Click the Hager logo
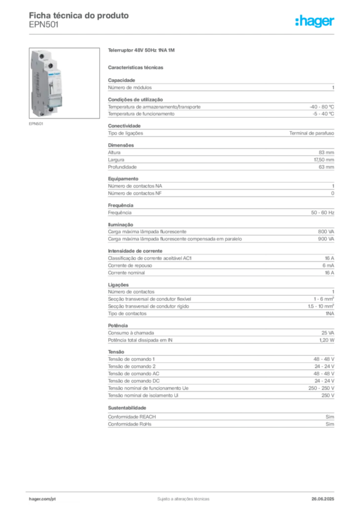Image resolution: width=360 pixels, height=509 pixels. [x=315, y=21]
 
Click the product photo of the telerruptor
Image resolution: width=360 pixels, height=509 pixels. [x=64, y=83]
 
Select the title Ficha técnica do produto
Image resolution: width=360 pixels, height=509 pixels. [x=79, y=15]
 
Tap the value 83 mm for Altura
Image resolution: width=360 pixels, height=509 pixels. [x=326, y=152]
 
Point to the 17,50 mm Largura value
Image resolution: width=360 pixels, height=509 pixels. [x=324, y=160]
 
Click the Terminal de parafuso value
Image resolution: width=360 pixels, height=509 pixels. [x=312, y=133]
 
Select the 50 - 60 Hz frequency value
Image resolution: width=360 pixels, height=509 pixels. [x=323, y=213]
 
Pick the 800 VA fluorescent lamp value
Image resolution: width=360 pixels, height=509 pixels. [x=326, y=232]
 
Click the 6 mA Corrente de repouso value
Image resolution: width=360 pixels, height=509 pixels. [x=328, y=265]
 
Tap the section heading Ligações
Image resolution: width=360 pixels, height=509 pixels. [x=118, y=285]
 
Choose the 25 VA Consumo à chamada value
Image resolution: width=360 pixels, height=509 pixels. [x=328, y=333]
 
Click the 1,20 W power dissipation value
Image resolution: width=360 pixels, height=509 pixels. [x=327, y=340]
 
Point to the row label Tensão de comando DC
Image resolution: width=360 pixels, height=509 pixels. [x=134, y=381]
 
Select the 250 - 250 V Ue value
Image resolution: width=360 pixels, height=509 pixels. [x=321, y=388]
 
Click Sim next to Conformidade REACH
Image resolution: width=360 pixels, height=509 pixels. [x=330, y=417]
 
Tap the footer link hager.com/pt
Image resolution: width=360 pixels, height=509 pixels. [x=42, y=499]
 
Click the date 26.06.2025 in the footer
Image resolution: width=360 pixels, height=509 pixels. [x=323, y=499]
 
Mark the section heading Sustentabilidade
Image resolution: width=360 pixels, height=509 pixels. [x=127, y=408]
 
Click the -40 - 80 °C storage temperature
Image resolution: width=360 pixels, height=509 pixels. [x=322, y=107]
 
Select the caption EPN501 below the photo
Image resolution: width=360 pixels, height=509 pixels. [x=36, y=124]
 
